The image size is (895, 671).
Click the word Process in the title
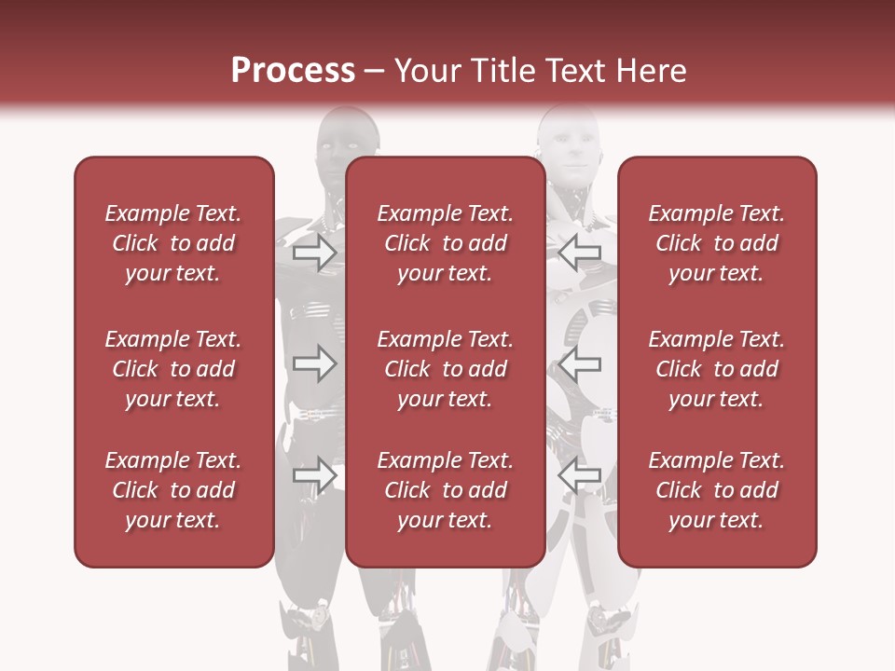point(293,71)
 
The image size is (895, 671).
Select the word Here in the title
point(651,71)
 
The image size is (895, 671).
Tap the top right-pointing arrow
point(314,253)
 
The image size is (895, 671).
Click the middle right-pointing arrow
point(314,363)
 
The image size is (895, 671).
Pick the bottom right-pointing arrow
point(314,476)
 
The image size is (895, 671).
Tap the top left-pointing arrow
point(580,253)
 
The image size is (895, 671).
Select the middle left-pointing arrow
point(580,363)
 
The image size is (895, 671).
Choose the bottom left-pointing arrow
point(580,476)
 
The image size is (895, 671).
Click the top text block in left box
point(173,243)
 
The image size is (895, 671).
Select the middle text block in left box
point(173,369)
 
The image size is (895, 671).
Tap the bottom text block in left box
point(173,490)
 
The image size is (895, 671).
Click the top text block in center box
point(445,243)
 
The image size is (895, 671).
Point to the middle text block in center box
point(445,369)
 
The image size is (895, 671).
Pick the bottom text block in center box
point(445,490)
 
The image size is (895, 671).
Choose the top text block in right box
point(716,243)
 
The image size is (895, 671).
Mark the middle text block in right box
point(716,369)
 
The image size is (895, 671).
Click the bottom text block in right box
point(716,490)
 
